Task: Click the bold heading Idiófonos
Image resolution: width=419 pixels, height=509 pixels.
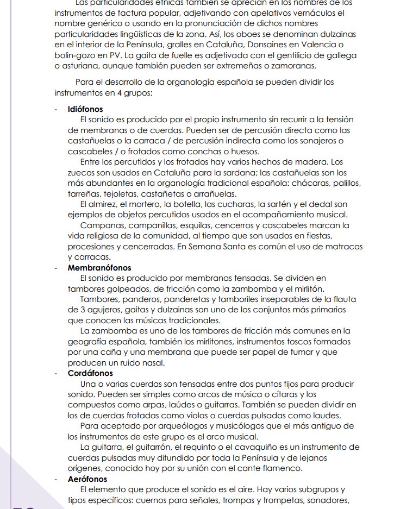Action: pos(85,109)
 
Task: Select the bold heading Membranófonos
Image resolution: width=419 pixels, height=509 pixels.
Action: pos(99,268)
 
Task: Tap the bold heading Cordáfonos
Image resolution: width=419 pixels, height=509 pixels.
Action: pos(90,373)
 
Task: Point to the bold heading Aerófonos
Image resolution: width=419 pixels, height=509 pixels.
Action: pos(87,479)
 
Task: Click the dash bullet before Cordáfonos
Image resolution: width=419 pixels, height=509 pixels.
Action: pos(56,373)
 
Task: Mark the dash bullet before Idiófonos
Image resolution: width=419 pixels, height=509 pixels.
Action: pos(56,109)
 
